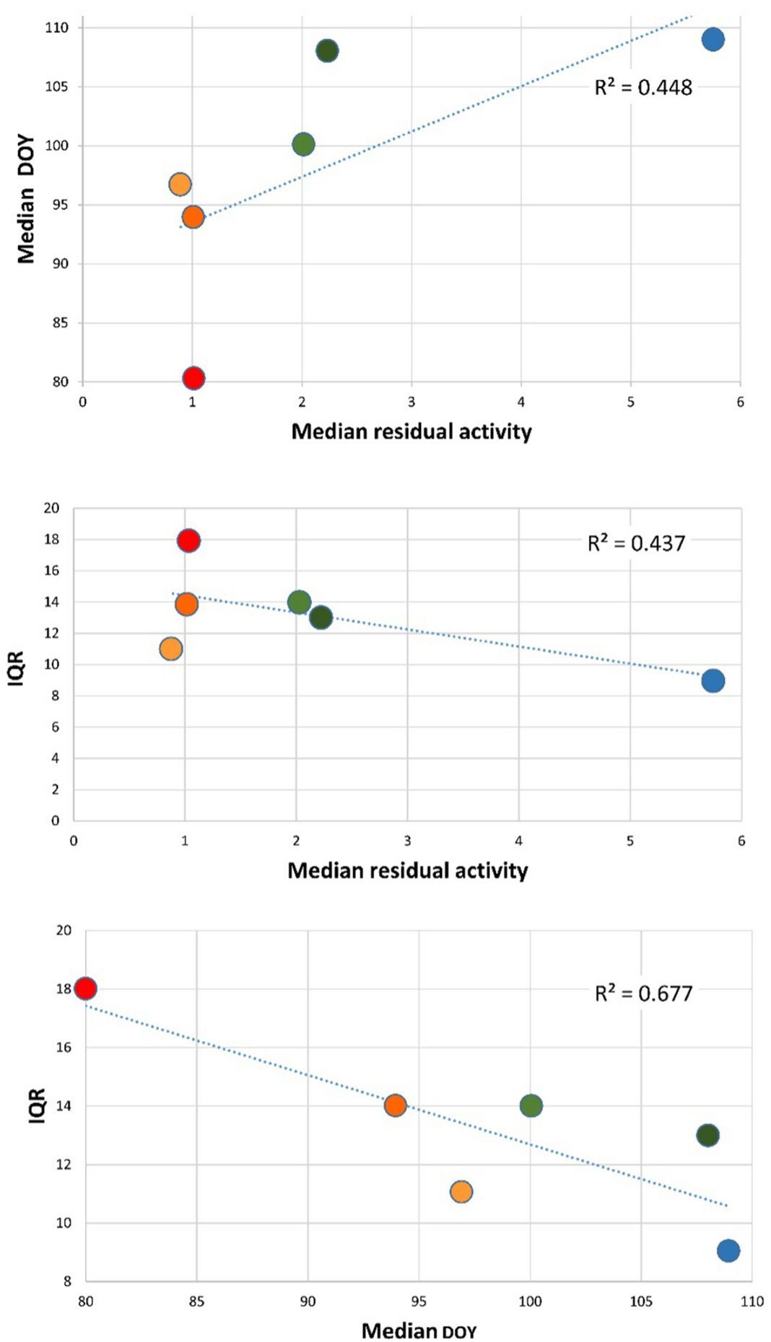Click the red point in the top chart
pos(193,378)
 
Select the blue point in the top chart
pos(713,40)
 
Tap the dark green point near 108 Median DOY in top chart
pos(327,51)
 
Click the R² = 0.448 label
pos(642,88)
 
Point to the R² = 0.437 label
pos(636,543)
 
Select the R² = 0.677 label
pos(642,994)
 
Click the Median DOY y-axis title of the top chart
pos(26,199)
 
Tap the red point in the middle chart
pos(188,540)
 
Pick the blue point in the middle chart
pos(713,680)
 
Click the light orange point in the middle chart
pos(171,649)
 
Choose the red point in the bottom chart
pos(86,988)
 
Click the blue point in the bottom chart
pos(728,1250)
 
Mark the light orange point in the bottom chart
pos(461,1191)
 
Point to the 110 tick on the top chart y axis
pos(57,28)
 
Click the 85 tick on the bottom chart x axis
pos(196,1302)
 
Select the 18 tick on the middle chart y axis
pos(51,539)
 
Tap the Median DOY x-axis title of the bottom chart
pos(419,1330)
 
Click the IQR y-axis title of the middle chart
pos(16,667)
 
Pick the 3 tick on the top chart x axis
pos(411,403)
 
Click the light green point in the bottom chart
pos(531,1105)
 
